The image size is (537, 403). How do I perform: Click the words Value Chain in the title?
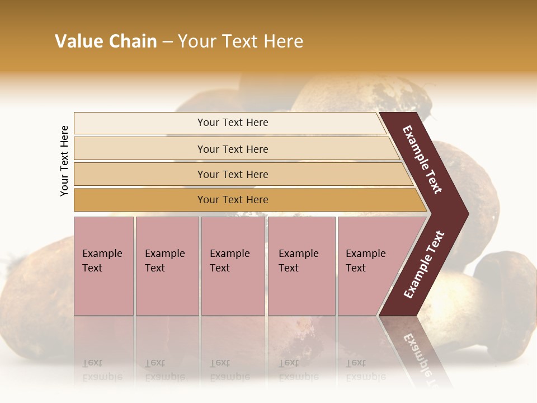click(106, 41)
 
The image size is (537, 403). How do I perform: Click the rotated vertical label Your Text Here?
click(64, 161)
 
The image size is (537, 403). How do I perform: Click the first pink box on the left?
click(103, 266)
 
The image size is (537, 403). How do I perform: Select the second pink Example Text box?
click(167, 266)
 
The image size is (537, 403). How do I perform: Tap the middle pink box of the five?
click(233, 266)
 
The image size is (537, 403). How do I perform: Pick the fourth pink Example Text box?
click(301, 266)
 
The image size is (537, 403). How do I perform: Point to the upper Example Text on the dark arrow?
click(422, 160)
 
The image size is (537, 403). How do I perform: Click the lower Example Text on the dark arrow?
click(424, 265)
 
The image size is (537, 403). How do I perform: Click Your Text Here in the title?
click(241, 41)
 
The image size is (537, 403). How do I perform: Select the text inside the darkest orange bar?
click(233, 200)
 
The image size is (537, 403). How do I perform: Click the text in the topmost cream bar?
click(233, 123)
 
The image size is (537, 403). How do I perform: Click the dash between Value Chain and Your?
click(167, 42)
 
